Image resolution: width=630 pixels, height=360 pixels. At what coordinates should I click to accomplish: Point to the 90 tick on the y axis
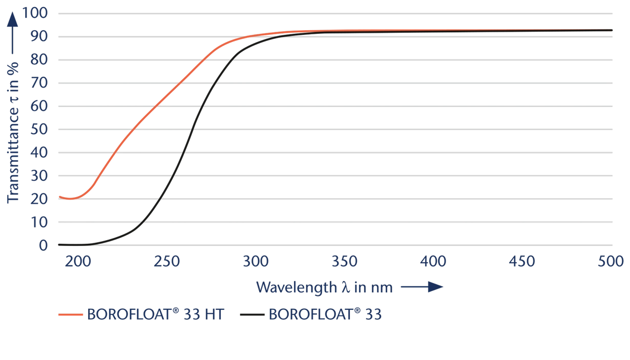[x=41, y=36]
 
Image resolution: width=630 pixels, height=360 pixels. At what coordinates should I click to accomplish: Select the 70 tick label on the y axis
[x=41, y=83]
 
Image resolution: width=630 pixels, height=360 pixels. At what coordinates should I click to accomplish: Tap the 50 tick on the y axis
[x=41, y=130]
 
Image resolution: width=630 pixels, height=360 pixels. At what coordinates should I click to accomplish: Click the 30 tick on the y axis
[x=41, y=176]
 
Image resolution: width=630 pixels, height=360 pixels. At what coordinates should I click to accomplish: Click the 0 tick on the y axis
[x=44, y=246]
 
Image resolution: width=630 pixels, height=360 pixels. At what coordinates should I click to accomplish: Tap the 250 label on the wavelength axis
[x=166, y=262]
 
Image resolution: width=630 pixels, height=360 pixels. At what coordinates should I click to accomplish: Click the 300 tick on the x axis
[x=255, y=262]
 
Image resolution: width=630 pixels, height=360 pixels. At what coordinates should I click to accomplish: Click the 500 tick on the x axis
[x=610, y=262]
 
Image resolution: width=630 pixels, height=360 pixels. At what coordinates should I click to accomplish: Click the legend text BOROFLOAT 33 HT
[x=155, y=314]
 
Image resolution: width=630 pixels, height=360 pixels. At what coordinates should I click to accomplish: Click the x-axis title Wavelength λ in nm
[x=324, y=287]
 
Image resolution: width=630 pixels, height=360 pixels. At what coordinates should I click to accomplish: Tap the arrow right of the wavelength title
[x=421, y=288]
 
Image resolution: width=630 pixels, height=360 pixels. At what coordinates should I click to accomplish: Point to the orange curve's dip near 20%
[x=69, y=198]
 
